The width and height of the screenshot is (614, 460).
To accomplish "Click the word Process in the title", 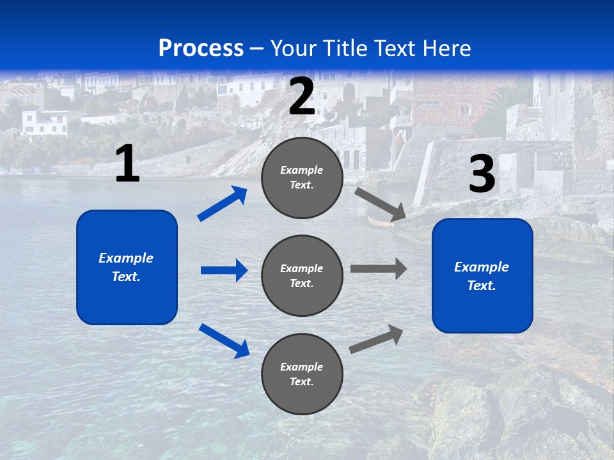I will [201, 49].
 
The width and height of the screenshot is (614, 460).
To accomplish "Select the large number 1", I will [127, 164].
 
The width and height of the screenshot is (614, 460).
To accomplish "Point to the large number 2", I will [302, 97].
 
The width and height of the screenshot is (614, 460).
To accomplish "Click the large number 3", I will [482, 174].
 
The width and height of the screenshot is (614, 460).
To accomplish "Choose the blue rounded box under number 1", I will [127, 267].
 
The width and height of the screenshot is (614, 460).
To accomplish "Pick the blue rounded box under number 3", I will [482, 276].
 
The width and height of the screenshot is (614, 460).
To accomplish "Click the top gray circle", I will [302, 178].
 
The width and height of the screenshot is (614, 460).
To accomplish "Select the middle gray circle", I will [302, 275].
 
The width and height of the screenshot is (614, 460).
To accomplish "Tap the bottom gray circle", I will [302, 374].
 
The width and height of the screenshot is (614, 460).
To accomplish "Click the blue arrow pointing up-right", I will [223, 204].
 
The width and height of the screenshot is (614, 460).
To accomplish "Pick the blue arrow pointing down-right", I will [224, 341].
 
